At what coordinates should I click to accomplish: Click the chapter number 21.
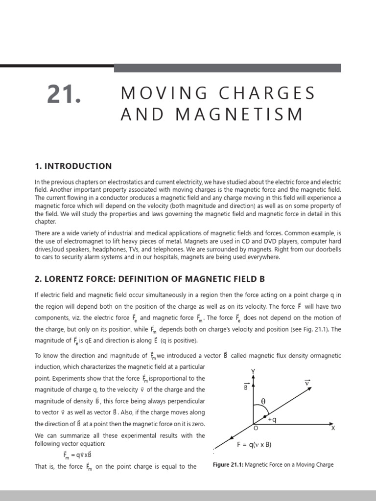(64, 94)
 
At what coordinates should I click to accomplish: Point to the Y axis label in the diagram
(253, 371)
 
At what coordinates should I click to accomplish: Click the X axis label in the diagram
(333, 428)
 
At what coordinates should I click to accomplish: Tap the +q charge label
(273, 419)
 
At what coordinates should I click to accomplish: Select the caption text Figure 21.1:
(232, 464)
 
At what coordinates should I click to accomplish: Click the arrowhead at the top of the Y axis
(253, 379)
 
